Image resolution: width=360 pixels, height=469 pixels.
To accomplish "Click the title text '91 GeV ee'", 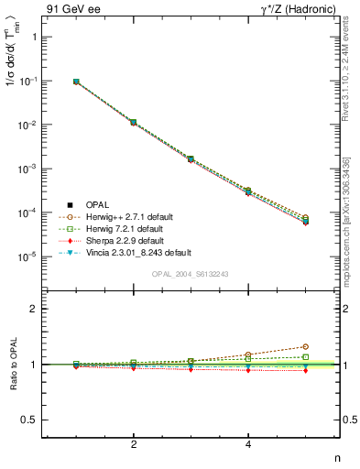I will click(x=70, y=8).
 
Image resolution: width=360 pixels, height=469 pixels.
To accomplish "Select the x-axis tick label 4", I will click(x=248, y=444).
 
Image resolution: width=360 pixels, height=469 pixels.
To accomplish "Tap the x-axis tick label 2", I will click(x=134, y=444).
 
